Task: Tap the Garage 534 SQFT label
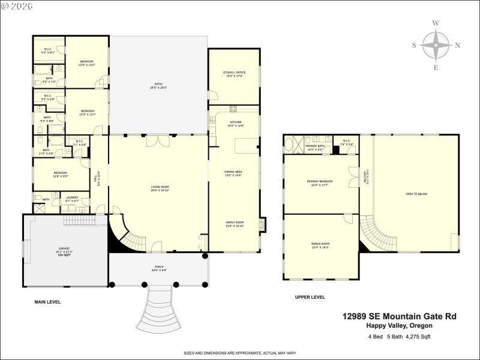(64, 250)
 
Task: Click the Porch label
(158, 268)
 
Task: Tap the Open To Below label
(416, 194)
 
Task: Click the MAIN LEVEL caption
(47, 302)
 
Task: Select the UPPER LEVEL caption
(310, 297)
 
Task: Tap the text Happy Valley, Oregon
(399, 325)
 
